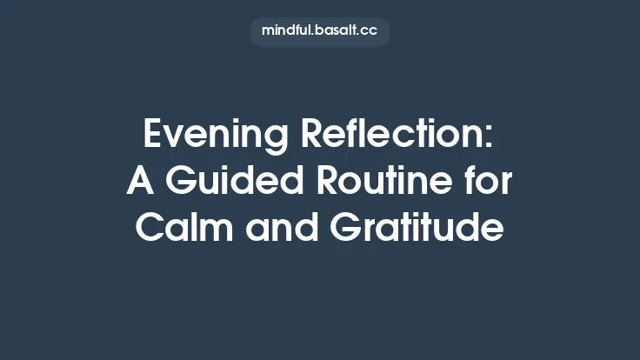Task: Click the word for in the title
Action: click(x=490, y=182)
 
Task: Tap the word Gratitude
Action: click(x=417, y=229)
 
